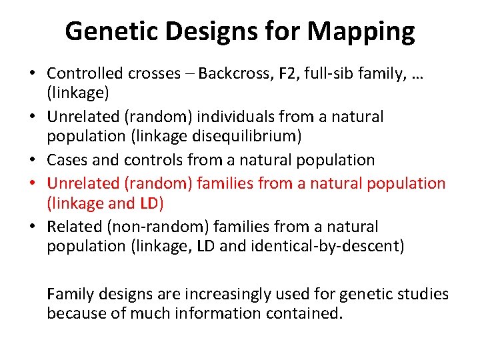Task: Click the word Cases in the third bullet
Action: (x=66, y=160)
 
